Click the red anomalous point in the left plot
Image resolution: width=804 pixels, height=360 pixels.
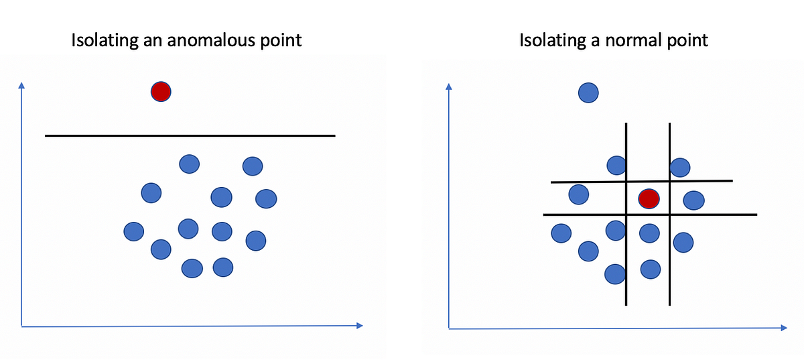[x=161, y=91]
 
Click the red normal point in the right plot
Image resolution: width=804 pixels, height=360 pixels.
[x=649, y=198]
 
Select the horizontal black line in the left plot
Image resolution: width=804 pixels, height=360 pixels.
[x=190, y=136]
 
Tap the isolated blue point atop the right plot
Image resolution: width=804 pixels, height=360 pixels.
[x=588, y=93]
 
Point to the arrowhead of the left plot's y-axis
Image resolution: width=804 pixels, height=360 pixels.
[x=22, y=85]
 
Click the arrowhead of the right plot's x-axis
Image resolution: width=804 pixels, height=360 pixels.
[x=783, y=328]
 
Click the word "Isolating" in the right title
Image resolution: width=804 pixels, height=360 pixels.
[x=552, y=41]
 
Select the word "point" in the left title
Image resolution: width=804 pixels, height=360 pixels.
[x=280, y=41]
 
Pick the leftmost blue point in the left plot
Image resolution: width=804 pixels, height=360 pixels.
[x=134, y=231]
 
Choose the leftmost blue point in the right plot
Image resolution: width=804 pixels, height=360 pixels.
[x=561, y=233]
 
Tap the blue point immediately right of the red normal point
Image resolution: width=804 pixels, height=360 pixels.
[x=693, y=200]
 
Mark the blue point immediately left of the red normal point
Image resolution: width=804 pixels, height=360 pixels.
[x=579, y=195]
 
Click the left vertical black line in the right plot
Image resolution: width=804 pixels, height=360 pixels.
[x=626, y=268]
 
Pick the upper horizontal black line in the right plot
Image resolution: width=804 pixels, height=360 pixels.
[x=703, y=181]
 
